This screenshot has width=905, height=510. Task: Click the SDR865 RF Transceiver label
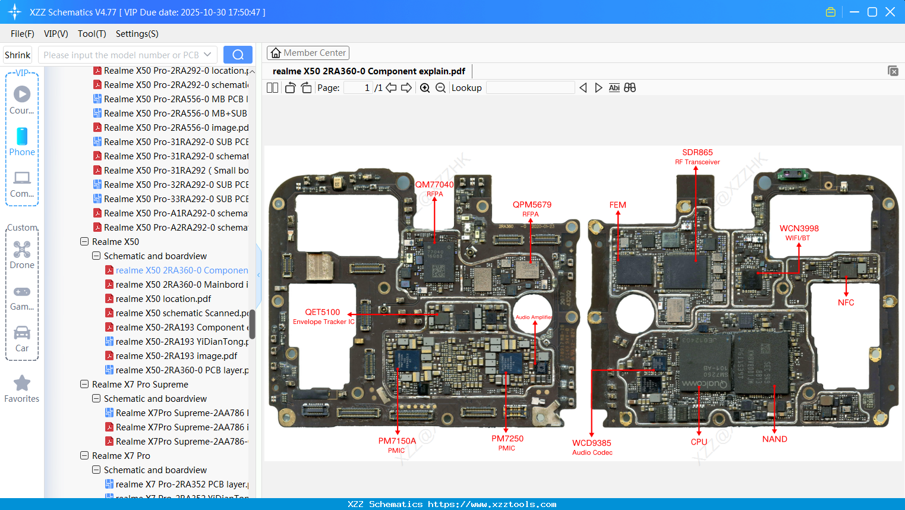pyautogui.click(x=697, y=156)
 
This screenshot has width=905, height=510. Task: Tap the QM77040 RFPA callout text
pyautogui.click(x=434, y=188)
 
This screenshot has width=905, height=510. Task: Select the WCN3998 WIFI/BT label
pyautogui.click(x=799, y=232)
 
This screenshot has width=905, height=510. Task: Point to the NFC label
pyautogui.click(x=846, y=303)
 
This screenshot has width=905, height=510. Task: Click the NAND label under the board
pyautogui.click(x=774, y=439)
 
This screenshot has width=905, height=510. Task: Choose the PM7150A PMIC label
pyautogui.click(x=397, y=445)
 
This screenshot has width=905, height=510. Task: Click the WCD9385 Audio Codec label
pyautogui.click(x=592, y=447)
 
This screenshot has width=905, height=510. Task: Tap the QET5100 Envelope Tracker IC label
pyautogui.click(x=323, y=316)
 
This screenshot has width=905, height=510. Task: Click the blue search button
pyautogui.click(x=238, y=55)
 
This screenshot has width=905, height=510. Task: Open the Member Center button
pyautogui.click(x=308, y=53)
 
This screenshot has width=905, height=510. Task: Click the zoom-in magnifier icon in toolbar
pyautogui.click(x=425, y=88)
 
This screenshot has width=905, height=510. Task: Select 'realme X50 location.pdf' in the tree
pyautogui.click(x=163, y=299)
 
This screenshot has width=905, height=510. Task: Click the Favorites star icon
pyautogui.click(x=22, y=383)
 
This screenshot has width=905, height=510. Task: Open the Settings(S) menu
pyautogui.click(x=137, y=34)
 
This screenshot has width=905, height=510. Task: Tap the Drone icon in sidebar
pyautogui.click(x=22, y=250)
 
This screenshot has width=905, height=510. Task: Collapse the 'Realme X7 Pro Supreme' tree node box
pyautogui.click(x=84, y=385)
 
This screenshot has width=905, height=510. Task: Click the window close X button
pyautogui.click(x=890, y=12)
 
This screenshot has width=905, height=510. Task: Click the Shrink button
pyautogui.click(x=18, y=55)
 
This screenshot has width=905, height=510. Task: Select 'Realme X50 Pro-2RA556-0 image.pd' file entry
pyautogui.click(x=176, y=128)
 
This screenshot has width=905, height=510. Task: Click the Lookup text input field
pyautogui.click(x=530, y=88)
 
